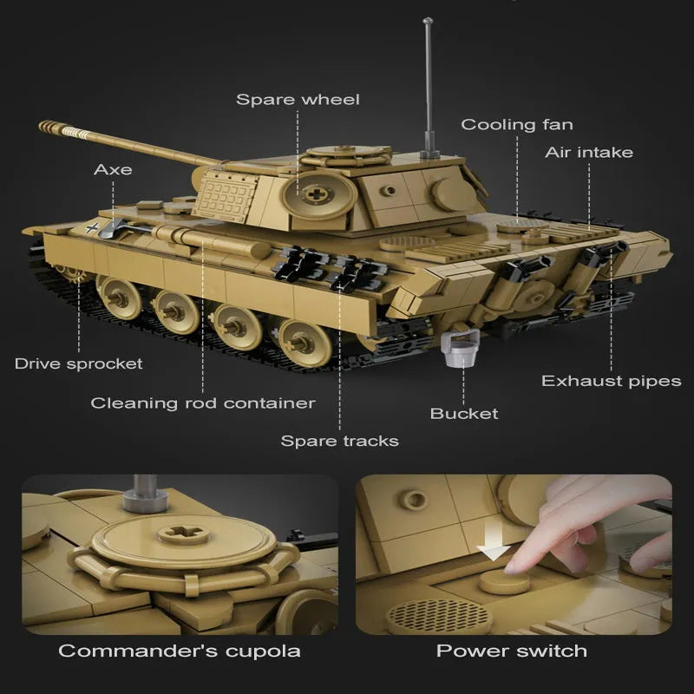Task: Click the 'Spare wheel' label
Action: [298, 100]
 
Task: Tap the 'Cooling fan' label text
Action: [517, 125]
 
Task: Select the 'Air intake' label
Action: [589, 153]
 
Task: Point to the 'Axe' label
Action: [113, 169]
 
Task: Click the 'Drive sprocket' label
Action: [79, 363]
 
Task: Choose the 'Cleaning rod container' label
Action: [203, 403]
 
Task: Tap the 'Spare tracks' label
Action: [339, 441]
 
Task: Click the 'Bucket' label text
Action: [464, 414]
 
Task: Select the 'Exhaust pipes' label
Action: [612, 381]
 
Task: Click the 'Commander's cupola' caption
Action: [180, 651]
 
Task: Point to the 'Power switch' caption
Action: [512, 651]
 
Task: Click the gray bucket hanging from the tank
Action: [460, 349]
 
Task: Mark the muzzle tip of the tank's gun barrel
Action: [42, 125]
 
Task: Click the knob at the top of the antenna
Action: [428, 20]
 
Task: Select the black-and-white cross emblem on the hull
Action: [92, 228]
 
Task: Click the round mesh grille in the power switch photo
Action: [439, 616]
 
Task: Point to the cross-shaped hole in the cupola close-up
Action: [181, 533]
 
